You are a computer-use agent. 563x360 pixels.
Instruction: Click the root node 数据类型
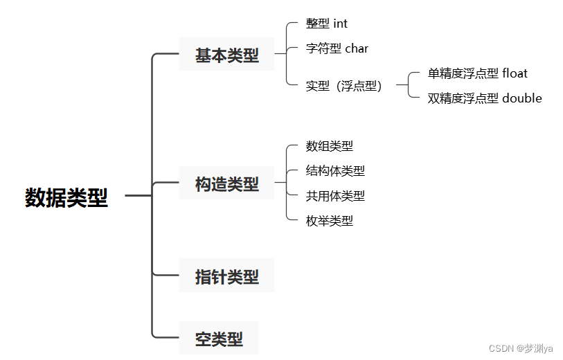click(66, 197)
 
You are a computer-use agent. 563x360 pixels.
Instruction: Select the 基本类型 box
click(226, 55)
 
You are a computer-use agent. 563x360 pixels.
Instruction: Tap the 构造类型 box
click(226, 184)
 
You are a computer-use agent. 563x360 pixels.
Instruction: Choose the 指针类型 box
click(226, 276)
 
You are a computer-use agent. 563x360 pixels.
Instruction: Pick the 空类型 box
click(219, 339)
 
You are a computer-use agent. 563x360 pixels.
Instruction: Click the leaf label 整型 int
click(327, 24)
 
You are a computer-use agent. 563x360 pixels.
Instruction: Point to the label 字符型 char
click(337, 48)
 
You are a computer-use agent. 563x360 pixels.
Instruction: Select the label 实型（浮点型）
click(343, 86)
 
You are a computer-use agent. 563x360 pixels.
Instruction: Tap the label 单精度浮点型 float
click(478, 73)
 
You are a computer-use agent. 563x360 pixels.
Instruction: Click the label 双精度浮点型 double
click(485, 98)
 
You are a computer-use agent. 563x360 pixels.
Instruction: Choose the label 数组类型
click(330, 146)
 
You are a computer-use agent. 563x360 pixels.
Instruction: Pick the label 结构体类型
click(335, 171)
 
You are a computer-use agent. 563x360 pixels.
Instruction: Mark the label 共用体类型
click(335, 196)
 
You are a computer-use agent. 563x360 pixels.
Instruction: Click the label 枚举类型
click(330, 221)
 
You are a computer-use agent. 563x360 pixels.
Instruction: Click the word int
click(340, 24)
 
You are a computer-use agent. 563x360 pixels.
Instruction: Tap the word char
click(357, 48)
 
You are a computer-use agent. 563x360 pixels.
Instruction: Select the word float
click(515, 73)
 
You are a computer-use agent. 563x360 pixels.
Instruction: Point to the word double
click(522, 98)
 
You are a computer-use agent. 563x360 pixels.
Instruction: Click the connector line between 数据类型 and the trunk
click(138, 197)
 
